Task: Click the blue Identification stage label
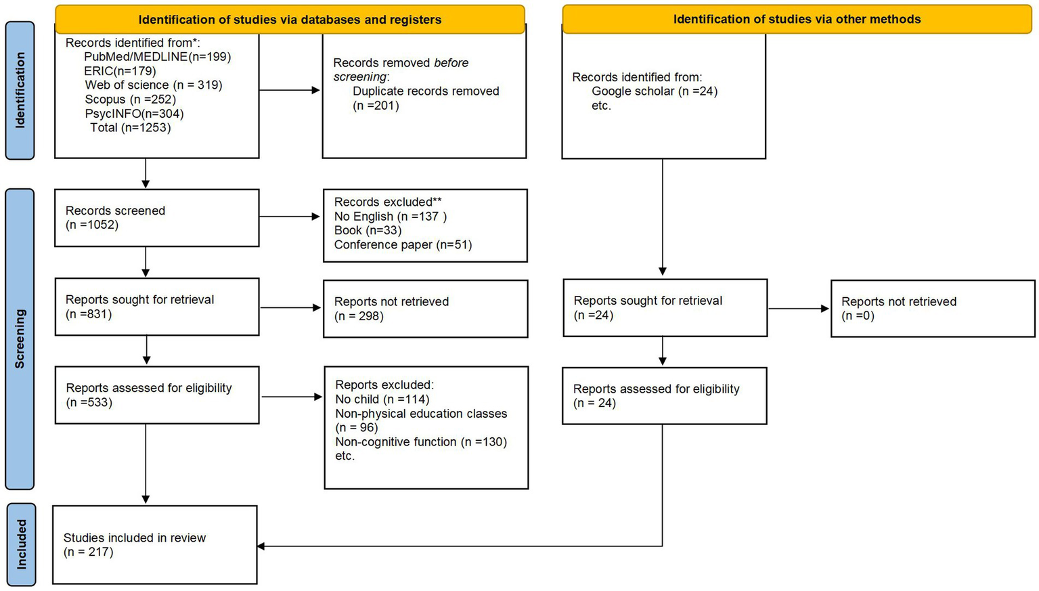[20, 90]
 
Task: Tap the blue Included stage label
[20, 544]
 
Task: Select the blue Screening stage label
[20, 338]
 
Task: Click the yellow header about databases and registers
[290, 20]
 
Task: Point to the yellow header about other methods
[797, 20]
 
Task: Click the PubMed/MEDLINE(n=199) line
[157, 57]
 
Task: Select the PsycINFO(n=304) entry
[134, 114]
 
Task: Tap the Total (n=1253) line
[130, 128]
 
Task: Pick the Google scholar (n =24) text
[654, 91]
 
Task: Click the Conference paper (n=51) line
[403, 245]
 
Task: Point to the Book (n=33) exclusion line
[368, 231]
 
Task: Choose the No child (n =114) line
[382, 399]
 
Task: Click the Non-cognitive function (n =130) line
[421, 442]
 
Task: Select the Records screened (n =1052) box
[156, 217]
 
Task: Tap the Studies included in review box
[155, 544]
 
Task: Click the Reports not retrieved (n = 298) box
[425, 309]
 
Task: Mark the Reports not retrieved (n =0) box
[932, 309]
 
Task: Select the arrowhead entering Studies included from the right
[262, 546]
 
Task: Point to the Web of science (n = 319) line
[153, 85]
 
